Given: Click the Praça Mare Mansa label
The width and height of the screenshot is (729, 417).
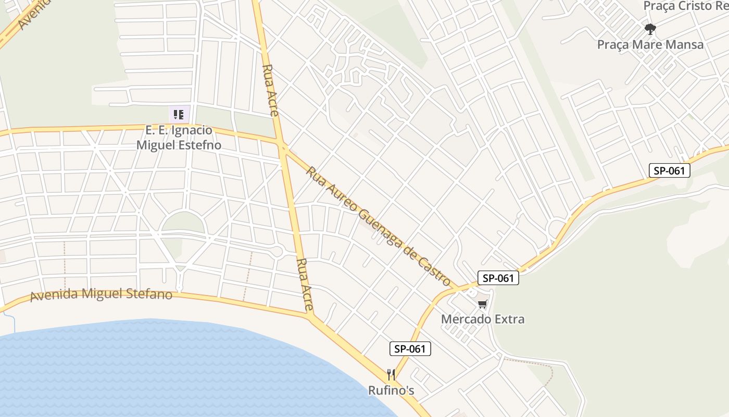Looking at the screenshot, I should pyautogui.click(x=650, y=44).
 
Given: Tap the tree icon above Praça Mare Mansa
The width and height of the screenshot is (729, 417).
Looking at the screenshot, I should pyautogui.click(x=650, y=28).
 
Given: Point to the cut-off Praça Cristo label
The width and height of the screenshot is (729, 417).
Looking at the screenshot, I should pyautogui.click(x=685, y=6).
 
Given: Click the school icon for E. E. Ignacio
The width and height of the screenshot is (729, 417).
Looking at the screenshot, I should pyautogui.click(x=179, y=114).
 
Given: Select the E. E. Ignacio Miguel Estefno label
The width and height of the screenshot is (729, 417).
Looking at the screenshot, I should pyautogui.click(x=179, y=138).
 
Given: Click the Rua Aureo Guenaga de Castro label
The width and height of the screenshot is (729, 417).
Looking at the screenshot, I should pyautogui.click(x=379, y=226).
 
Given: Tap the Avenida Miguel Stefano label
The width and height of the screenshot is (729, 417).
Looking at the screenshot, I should pyautogui.click(x=101, y=294).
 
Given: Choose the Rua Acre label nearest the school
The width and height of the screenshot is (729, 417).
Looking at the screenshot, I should pyautogui.click(x=271, y=89).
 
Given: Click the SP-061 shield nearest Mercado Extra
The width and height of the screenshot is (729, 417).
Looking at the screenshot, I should pyautogui.click(x=498, y=278).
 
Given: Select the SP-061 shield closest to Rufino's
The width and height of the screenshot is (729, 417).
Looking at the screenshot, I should pyautogui.click(x=410, y=349).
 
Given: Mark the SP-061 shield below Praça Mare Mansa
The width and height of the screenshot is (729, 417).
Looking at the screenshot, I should pyautogui.click(x=669, y=170).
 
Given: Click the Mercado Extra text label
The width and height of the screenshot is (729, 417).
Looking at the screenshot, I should pyautogui.click(x=483, y=319).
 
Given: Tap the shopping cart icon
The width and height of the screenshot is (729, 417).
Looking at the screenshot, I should pyautogui.click(x=483, y=304).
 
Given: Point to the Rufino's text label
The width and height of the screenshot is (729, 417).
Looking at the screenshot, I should pyautogui.click(x=391, y=390).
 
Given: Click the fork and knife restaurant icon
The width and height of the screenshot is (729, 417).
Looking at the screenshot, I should pyautogui.click(x=391, y=374).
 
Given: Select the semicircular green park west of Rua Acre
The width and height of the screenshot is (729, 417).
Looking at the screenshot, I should pyautogui.click(x=183, y=223).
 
